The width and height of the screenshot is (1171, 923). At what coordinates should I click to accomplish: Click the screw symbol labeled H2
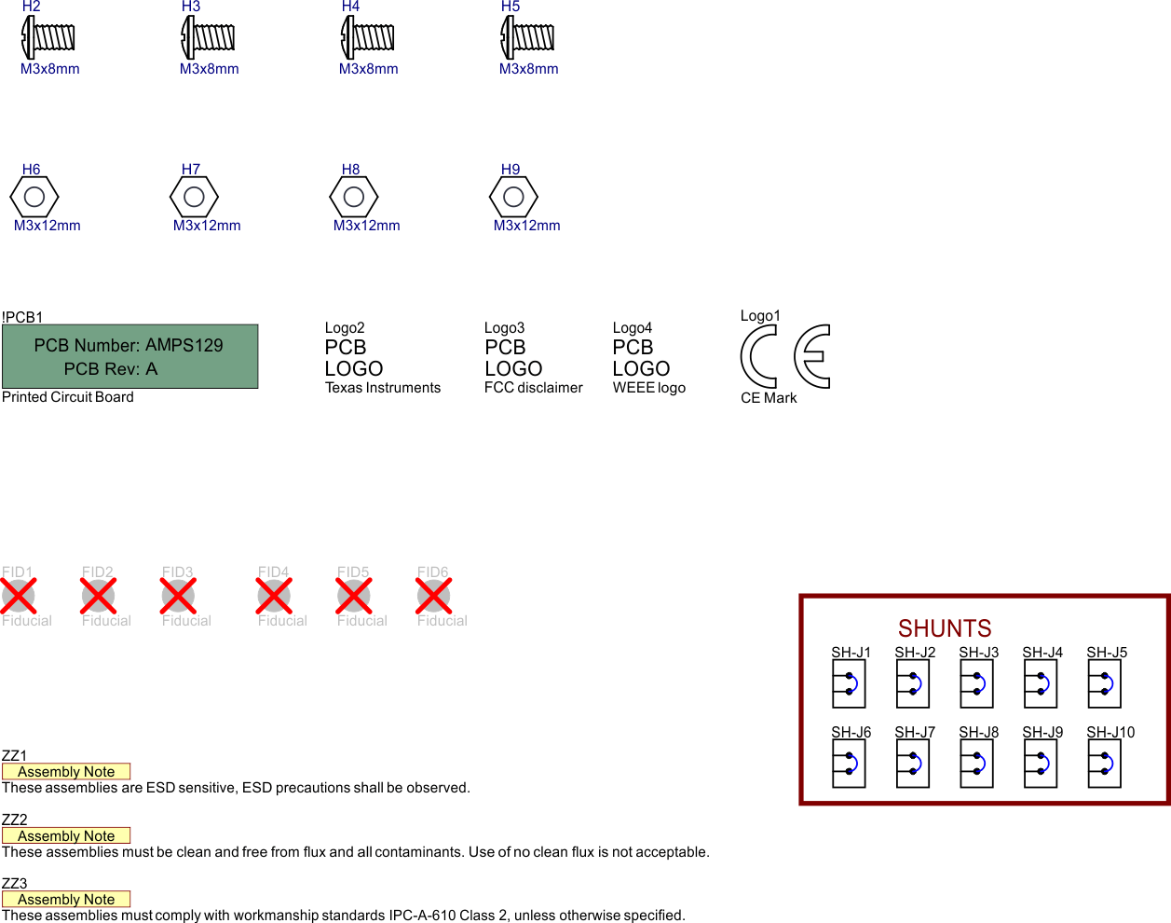(x=48, y=37)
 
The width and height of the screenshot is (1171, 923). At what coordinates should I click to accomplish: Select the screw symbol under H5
(x=527, y=37)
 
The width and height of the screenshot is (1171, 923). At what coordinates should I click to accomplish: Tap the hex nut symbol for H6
(x=34, y=197)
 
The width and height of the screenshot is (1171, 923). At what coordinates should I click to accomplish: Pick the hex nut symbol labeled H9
(x=513, y=197)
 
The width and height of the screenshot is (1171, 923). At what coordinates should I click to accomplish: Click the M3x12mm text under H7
(x=207, y=226)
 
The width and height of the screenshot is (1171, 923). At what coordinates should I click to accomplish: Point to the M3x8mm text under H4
(x=369, y=69)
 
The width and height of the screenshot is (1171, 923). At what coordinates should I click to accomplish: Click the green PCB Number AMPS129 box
(x=129, y=357)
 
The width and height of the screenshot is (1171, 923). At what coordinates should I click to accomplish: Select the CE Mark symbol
(x=785, y=356)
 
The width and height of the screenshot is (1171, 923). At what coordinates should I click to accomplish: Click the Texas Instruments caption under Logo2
(x=383, y=388)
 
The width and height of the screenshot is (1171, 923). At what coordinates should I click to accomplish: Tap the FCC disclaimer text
(x=533, y=388)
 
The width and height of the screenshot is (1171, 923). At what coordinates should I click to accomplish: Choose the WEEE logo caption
(x=649, y=388)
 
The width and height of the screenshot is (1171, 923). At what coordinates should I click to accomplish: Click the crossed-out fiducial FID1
(x=19, y=596)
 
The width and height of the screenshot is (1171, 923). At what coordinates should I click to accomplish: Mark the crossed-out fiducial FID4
(x=274, y=596)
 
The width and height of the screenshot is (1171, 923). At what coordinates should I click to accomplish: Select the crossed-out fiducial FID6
(x=433, y=596)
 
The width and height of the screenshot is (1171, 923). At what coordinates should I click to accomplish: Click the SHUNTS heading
(x=945, y=628)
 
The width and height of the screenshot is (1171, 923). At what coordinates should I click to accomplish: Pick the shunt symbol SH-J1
(x=849, y=684)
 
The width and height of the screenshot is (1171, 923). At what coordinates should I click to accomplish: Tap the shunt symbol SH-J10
(x=1104, y=765)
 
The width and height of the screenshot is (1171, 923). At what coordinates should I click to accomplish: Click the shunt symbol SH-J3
(x=976, y=684)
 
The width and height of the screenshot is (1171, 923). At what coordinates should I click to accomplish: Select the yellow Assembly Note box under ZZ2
(x=66, y=836)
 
